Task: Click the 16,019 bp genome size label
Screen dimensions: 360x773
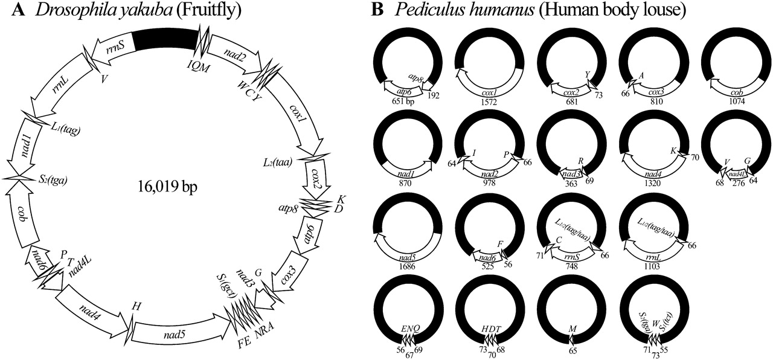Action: [x=164, y=186]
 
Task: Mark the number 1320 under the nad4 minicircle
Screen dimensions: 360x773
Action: [x=653, y=182]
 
